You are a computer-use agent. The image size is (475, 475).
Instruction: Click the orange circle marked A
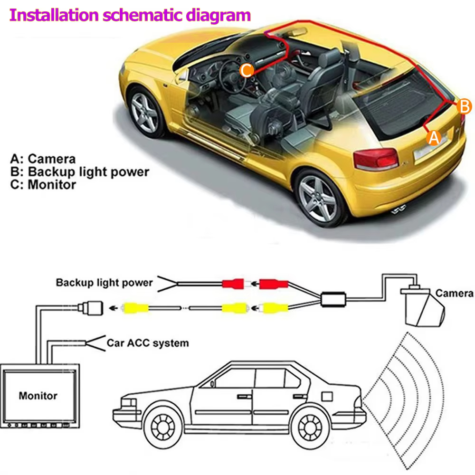pos(434,138)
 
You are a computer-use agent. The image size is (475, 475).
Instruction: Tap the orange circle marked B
pos(464,106)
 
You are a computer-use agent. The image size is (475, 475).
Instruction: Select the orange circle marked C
pos(247,71)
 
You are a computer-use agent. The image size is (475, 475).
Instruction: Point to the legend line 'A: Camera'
pos(43,159)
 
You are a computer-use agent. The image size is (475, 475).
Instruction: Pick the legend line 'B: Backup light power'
pos(80,172)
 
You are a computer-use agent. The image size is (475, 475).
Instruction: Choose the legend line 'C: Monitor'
pos(43,184)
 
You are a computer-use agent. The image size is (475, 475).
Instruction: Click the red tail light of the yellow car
pos(376,159)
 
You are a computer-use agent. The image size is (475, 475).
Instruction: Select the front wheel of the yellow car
pos(145,113)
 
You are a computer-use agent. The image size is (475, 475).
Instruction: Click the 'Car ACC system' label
pos(148,343)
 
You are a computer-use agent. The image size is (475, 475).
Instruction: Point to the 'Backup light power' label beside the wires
pos(104,283)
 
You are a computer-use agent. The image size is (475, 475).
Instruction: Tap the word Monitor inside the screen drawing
pos(38,396)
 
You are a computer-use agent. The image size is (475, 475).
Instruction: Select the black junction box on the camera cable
pos(333,300)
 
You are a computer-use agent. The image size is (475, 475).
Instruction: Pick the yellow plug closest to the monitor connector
pos(135,308)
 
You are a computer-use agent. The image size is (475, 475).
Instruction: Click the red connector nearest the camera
pos(273,284)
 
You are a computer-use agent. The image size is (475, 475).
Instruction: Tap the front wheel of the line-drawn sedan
pos(163,427)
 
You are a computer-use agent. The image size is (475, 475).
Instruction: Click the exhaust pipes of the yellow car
pos(399,209)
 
